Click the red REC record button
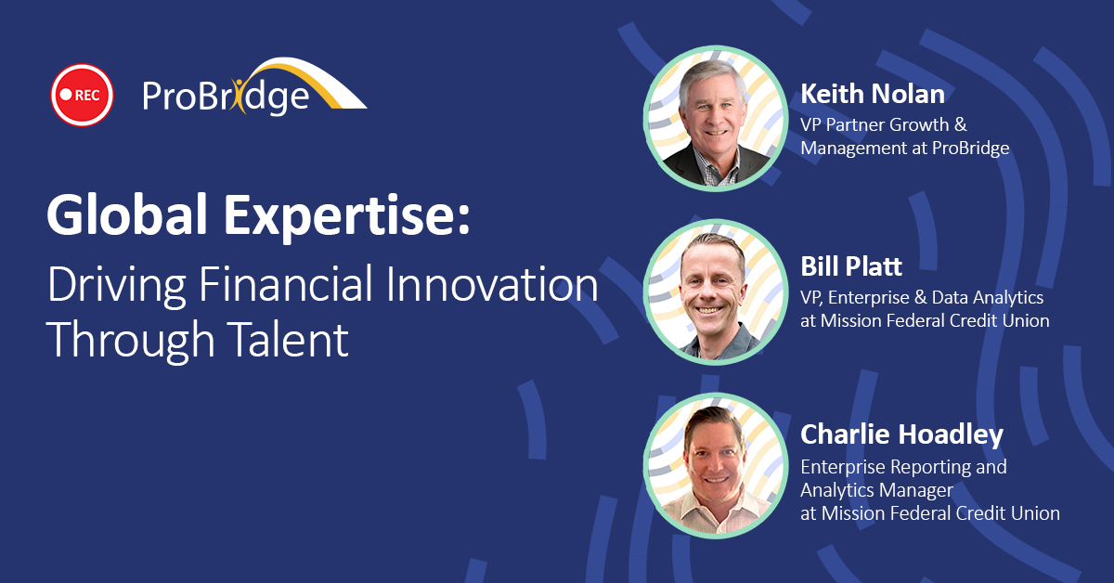click(x=82, y=95)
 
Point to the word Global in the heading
click(x=127, y=214)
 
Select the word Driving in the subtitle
click(x=117, y=285)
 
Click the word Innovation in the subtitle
click(x=492, y=283)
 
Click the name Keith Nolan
click(x=873, y=94)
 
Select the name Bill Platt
click(x=851, y=266)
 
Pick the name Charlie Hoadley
click(x=901, y=434)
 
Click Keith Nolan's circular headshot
click(x=716, y=119)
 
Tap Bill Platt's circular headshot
click(x=716, y=292)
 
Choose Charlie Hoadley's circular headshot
click(x=716, y=466)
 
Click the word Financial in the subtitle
click(x=286, y=283)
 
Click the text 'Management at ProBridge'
click(x=904, y=149)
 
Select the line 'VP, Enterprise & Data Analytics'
click(x=922, y=297)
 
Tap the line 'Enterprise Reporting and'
click(x=903, y=467)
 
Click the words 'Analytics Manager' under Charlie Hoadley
click(x=876, y=490)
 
